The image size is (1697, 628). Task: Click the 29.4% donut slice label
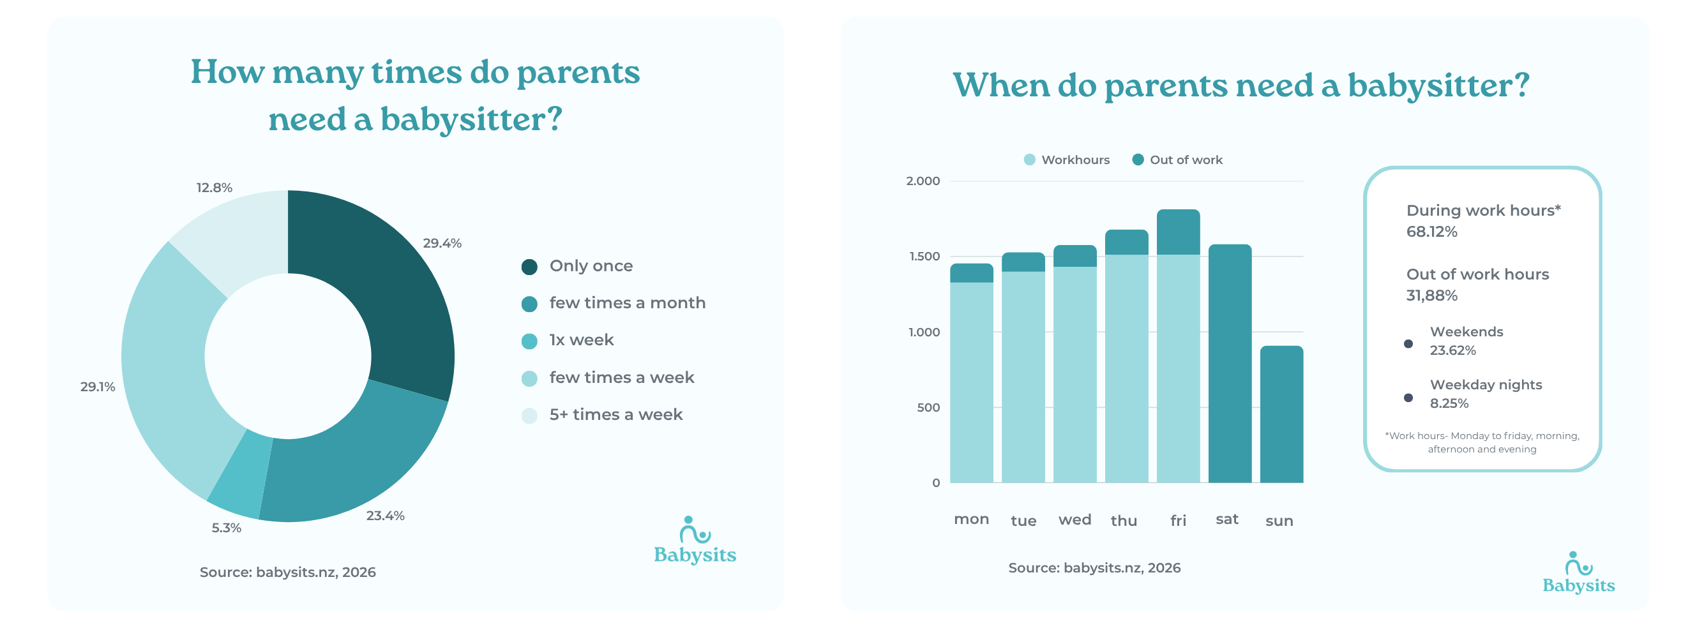442,243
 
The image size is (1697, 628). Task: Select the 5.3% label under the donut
226,527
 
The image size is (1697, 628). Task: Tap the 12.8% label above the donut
214,188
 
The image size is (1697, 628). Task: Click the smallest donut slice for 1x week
239,473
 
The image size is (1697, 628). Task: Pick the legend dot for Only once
529,267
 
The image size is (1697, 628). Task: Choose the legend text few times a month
627,303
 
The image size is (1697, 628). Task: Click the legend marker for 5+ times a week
529,415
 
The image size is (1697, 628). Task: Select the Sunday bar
1281,415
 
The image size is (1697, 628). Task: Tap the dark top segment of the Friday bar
1178,232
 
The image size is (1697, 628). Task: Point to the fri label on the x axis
1178,521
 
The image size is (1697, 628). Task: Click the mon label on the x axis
971,520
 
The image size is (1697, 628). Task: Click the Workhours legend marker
1029,160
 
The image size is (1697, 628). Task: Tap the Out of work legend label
1186,160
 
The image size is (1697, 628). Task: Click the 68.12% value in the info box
1431,232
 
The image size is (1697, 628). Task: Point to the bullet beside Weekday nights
1408,398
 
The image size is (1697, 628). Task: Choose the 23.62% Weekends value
1452,350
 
